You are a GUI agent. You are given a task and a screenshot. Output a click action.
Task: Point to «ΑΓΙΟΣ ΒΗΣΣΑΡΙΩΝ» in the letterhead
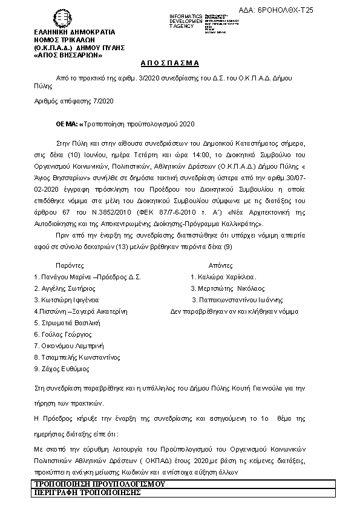click(68, 55)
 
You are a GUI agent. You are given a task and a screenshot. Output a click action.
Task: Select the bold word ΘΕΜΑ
click(67, 124)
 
